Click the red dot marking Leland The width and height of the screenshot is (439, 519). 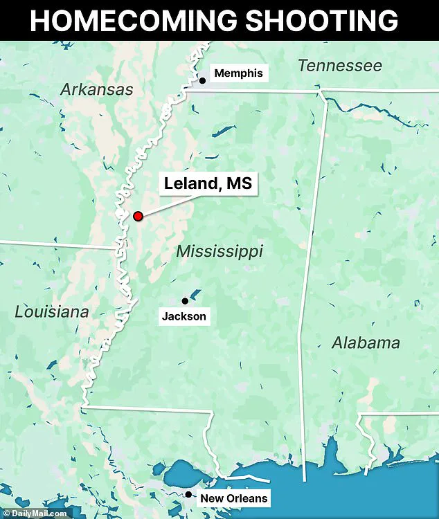coord(138,216)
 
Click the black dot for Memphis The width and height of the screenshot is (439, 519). coord(202,81)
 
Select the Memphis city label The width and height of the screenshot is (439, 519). coord(238,73)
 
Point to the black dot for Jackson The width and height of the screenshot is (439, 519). coord(185,301)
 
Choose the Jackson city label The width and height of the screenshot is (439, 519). coord(183,317)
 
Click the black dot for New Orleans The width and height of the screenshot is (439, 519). coord(188,494)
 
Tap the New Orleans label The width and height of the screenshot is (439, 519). coord(233,498)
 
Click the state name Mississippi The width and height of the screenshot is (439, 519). coord(219,251)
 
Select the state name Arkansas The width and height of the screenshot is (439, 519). coord(96,89)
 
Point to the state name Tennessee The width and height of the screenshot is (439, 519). coord(339,66)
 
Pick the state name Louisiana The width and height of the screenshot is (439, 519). coord(52,312)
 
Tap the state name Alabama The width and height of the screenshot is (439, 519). coord(365,343)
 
